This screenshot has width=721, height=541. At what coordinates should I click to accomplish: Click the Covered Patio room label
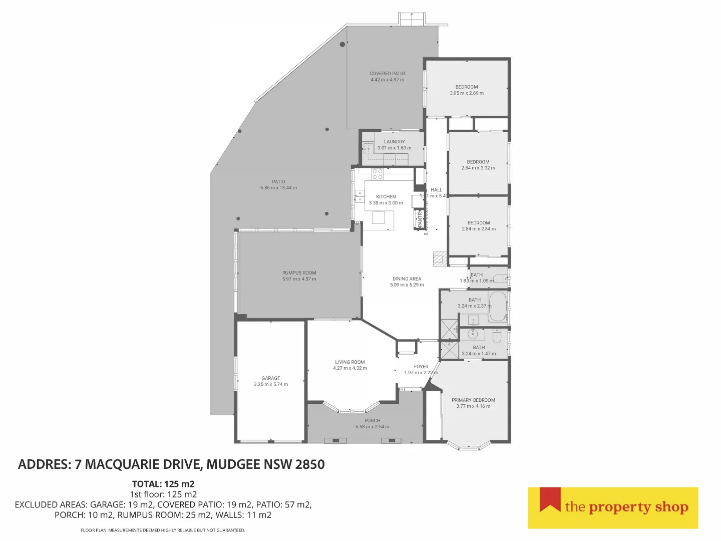(x=387, y=74)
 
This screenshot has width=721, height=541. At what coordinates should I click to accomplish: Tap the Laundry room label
(x=394, y=142)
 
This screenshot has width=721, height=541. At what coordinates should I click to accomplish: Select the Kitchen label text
(x=386, y=197)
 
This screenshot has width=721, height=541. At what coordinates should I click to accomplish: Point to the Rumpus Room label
(x=299, y=273)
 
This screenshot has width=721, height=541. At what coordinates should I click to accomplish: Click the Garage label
(x=270, y=378)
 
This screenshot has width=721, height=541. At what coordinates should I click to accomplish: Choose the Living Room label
(x=349, y=362)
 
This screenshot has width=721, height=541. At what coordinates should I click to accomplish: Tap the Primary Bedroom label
(x=473, y=400)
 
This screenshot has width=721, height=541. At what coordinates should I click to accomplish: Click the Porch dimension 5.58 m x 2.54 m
(x=372, y=427)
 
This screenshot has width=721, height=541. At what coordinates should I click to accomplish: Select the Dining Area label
(x=407, y=279)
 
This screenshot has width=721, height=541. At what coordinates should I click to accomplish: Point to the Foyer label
(x=421, y=367)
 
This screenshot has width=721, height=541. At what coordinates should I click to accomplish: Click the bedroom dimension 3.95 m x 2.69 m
(x=466, y=93)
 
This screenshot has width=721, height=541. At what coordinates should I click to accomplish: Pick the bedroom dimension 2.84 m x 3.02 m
(x=478, y=168)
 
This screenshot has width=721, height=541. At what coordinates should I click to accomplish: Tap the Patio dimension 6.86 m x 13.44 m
(x=278, y=188)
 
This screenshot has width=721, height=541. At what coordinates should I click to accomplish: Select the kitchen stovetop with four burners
(x=378, y=174)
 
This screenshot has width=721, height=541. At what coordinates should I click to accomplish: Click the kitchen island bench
(x=379, y=217)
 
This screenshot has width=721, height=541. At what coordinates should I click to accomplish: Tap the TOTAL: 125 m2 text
(x=163, y=484)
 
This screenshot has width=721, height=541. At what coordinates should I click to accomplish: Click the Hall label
(x=436, y=190)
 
